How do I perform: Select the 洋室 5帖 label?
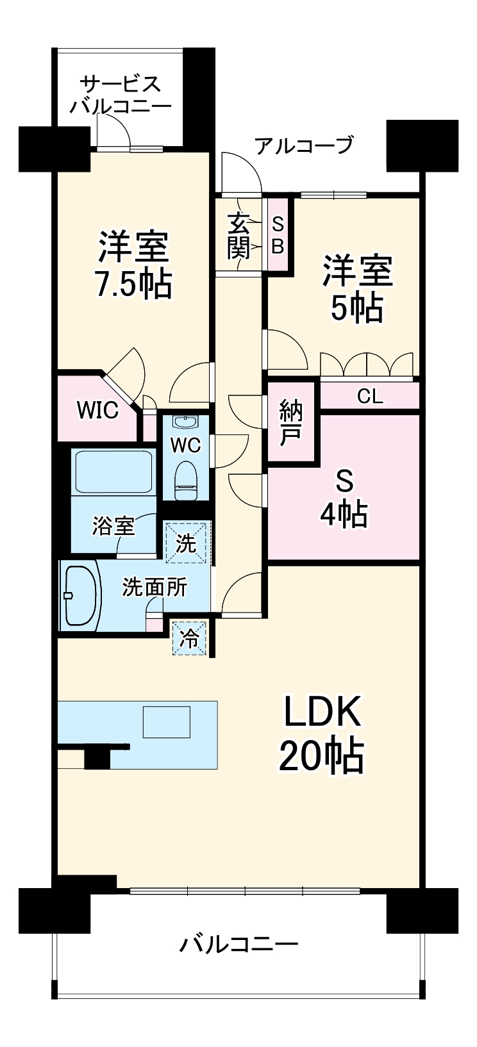(356, 288)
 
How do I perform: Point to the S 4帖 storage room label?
(344, 497)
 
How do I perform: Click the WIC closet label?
(97, 410)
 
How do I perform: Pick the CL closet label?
(370, 397)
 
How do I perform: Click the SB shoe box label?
(278, 235)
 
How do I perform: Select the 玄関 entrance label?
(238, 235)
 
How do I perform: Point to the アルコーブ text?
(304, 145)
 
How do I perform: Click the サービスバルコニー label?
(121, 95)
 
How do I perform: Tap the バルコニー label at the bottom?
(238, 944)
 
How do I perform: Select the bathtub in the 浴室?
(113, 471)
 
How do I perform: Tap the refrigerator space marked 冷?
(189, 639)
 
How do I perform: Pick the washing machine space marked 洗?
(187, 544)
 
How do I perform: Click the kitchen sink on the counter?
(166, 721)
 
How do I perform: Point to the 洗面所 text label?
(155, 587)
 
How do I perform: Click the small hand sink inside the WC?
(187, 423)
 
